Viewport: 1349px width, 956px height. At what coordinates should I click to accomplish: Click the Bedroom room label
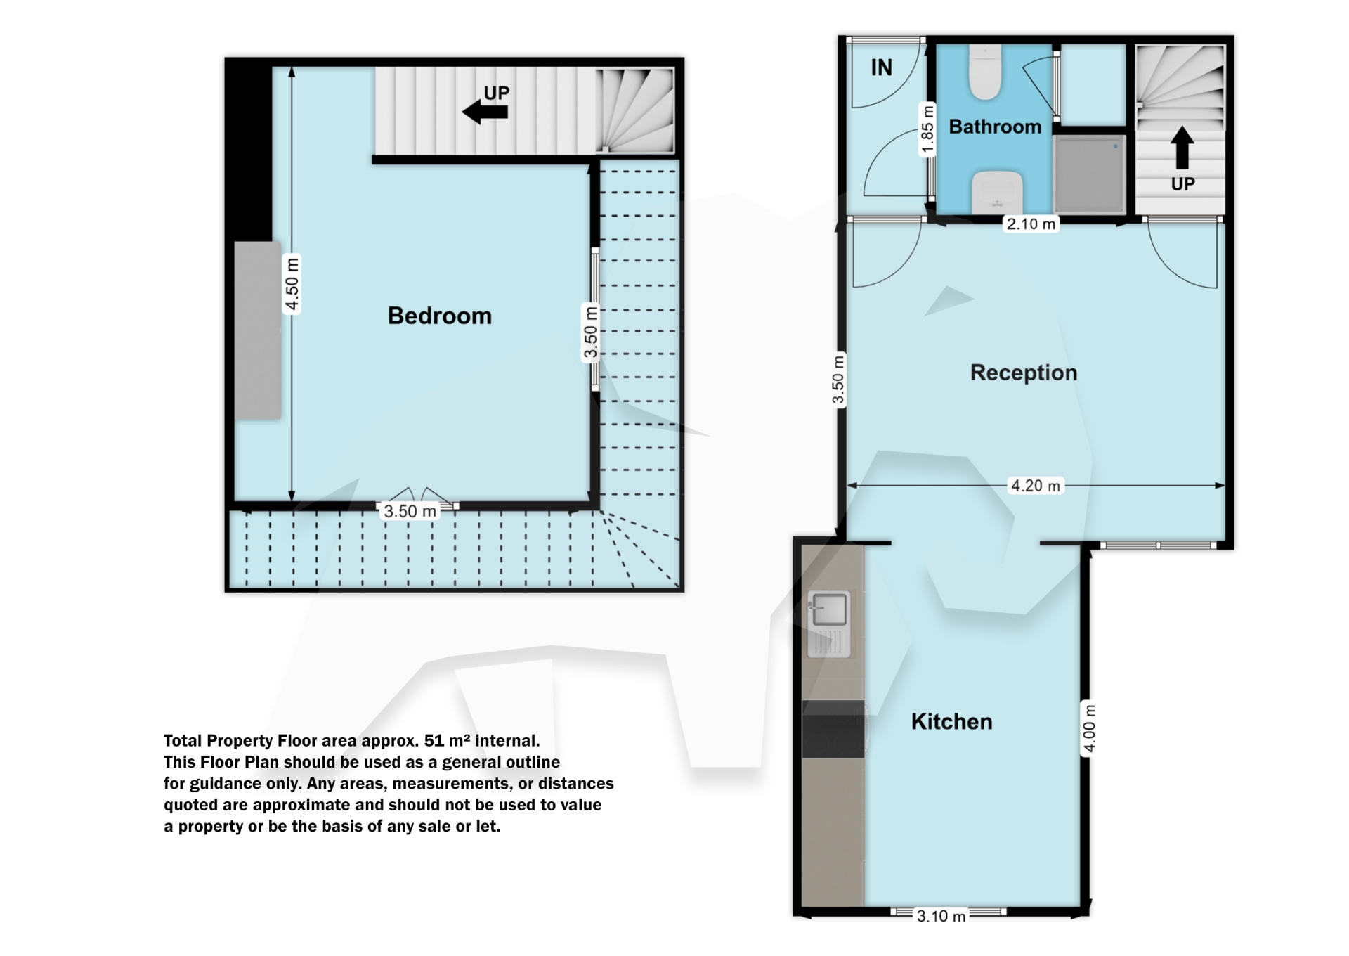click(x=439, y=316)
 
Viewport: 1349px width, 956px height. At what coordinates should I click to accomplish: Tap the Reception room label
click(x=1023, y=373)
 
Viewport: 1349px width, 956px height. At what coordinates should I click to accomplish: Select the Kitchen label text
click(x=951, y=721)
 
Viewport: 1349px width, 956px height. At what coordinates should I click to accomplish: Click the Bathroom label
click(x=995, y=127)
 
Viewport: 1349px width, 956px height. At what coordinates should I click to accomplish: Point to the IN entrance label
click(x=881, y=67)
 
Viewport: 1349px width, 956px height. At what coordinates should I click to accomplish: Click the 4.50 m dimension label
click(x=292, y=284)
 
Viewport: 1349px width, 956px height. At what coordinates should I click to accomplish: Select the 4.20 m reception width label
click(x=1035, y=486)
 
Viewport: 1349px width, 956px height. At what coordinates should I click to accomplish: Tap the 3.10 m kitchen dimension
click(x=941, y=916)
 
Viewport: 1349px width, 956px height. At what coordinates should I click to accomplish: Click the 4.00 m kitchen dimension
click(x=1089, y=728)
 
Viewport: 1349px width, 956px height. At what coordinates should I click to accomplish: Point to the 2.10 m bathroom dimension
click(x=1031, y=224)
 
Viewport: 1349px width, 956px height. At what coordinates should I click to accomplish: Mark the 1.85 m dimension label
click(x=927, y=129)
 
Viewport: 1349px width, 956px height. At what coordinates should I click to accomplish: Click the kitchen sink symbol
click(x=829, y=609)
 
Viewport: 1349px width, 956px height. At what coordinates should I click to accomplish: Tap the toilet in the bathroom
click(x=985, y=72)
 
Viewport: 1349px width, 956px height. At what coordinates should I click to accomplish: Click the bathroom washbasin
click(x=996, y=190)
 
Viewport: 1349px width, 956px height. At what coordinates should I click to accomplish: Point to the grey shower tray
click(x=1090, y=174)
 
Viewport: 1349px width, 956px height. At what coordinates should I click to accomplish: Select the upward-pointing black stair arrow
click(x=1182, y=147)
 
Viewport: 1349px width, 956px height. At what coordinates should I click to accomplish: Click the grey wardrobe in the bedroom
click(x=257, y=330)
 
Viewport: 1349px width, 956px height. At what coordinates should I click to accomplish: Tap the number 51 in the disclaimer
click(x=434, y=740)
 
